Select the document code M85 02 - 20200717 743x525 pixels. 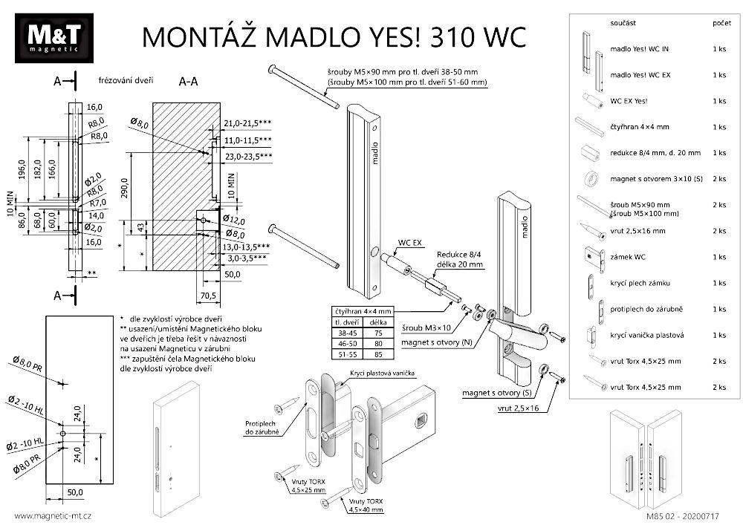(x=695, y=515)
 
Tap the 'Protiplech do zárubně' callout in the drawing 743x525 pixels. (x=262, y=427)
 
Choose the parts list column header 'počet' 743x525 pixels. (x=719, y=25)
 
